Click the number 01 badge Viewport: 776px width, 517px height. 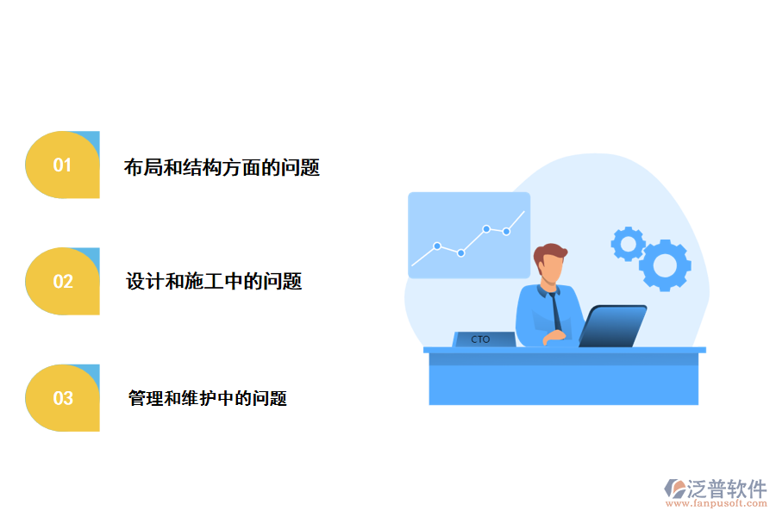[x=62, y=165]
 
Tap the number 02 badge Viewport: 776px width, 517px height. [x=62, y=281]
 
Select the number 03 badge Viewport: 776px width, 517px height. [x=62, y=398]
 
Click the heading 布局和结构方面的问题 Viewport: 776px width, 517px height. [x=222, y=168]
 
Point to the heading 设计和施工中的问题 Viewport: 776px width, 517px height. [x=214, y=281]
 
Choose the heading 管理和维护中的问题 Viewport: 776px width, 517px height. [x=207, y=398]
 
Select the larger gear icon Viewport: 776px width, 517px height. [x=665, y=265]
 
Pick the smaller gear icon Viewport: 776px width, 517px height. [x=628, y=244]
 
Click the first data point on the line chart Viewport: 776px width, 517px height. [x=437, y=246]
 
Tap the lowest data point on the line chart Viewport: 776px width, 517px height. [x=461, y=253]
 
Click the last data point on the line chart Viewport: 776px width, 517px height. [x=507, y=231]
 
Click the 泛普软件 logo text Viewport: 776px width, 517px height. [x=728, y=489]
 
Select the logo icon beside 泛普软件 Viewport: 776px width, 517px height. [x=674, y=490]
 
